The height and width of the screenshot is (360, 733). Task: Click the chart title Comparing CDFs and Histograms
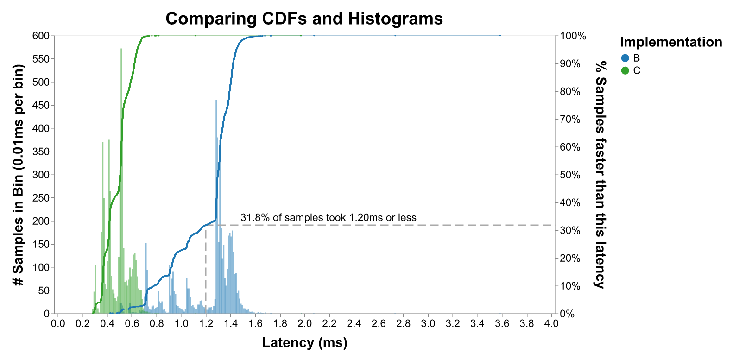304,19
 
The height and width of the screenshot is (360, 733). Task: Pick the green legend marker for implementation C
625,71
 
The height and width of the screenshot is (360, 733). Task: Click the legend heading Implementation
670,42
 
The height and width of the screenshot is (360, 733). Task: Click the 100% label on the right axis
573,36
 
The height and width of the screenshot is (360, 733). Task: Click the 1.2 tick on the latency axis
206,323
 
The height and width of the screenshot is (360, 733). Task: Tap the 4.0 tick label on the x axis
552,323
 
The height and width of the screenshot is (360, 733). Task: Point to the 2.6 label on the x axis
379,323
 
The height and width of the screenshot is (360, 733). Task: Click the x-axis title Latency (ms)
304,343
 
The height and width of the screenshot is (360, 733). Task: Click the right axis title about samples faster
600,175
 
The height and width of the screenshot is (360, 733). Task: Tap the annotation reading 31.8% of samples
328,218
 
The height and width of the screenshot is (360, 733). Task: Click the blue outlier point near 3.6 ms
500,36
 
